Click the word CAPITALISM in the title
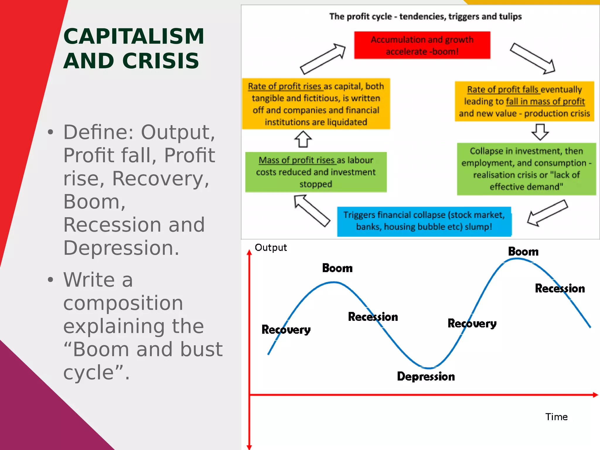click(x=134, y=36)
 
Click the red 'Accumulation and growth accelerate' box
click(x=422, y=45)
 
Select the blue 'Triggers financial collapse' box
click(x=424, y=221)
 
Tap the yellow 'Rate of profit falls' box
click(x=524, y=101)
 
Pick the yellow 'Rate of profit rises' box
click(x=316, y=104)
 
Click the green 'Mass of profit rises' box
click(x=316, y=172)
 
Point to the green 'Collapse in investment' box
click(x=526, y=169)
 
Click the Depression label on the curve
click(x=426, y=376)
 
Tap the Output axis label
click(x=271, y=248)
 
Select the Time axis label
click(x=556, y=417)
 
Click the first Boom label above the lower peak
click(x=337, y=268)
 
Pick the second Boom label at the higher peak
click(x=523, y=252)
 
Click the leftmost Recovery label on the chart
click(x=286, y=330)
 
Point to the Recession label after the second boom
click(x=560, y=289)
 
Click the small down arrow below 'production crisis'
click(x=540, y=132)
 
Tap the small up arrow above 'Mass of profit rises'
click(x=303, y=139)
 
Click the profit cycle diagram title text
click(x=425, y=16)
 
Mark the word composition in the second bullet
click(x=123, y=303)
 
